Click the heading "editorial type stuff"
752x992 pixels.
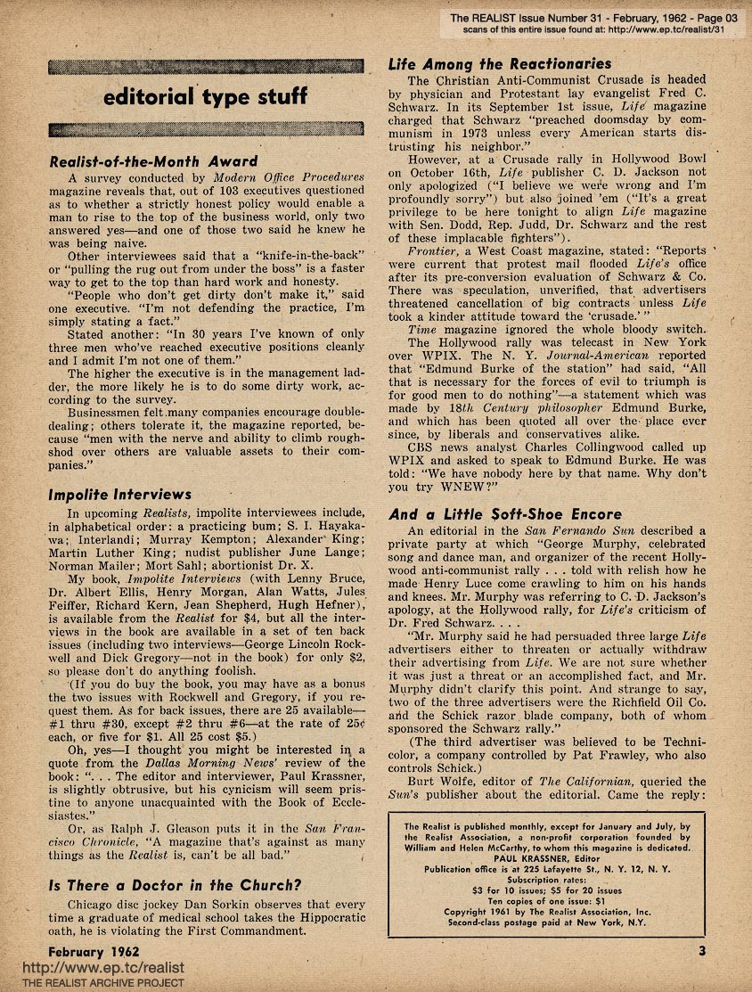[206, 96]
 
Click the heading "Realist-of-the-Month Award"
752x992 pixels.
[152, 161]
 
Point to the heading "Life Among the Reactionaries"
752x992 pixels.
[500, 64]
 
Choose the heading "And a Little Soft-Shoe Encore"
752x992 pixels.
[505, 514]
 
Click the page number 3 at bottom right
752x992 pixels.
[701, 950]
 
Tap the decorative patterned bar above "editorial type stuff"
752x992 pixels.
[206, 67]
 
